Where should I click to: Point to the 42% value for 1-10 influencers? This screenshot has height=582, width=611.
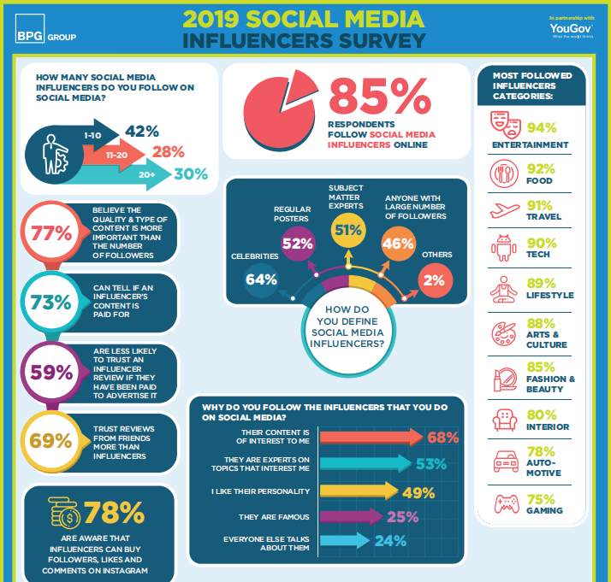pos(142,131)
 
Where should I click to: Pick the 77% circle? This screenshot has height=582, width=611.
pos(50,232)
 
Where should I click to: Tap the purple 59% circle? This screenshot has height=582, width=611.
pos(50,372)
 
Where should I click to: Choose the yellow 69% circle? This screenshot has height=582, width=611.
pos(50,441)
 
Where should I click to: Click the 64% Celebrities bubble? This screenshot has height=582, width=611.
pos(261,279)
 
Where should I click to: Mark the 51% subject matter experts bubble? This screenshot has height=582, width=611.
pos(348,228)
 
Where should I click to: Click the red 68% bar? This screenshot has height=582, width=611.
pos(368,438)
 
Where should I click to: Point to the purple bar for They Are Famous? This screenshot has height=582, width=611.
pos(347,516)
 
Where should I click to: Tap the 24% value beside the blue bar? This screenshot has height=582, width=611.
pos(389,541)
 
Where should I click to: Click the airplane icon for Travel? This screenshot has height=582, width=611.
pos(503,209)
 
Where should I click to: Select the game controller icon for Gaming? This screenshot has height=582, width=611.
pos(503,502)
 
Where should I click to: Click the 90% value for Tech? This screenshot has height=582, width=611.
pos(541,244)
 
